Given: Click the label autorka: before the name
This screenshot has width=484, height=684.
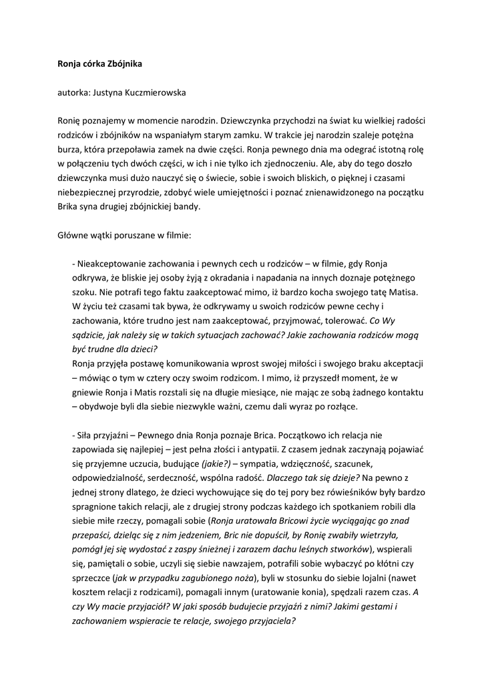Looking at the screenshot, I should click(x=72, y=92).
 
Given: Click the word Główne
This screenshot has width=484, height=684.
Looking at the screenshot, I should click(x=73, y=236).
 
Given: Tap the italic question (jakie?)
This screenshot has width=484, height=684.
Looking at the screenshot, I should click(x=215, y=463).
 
